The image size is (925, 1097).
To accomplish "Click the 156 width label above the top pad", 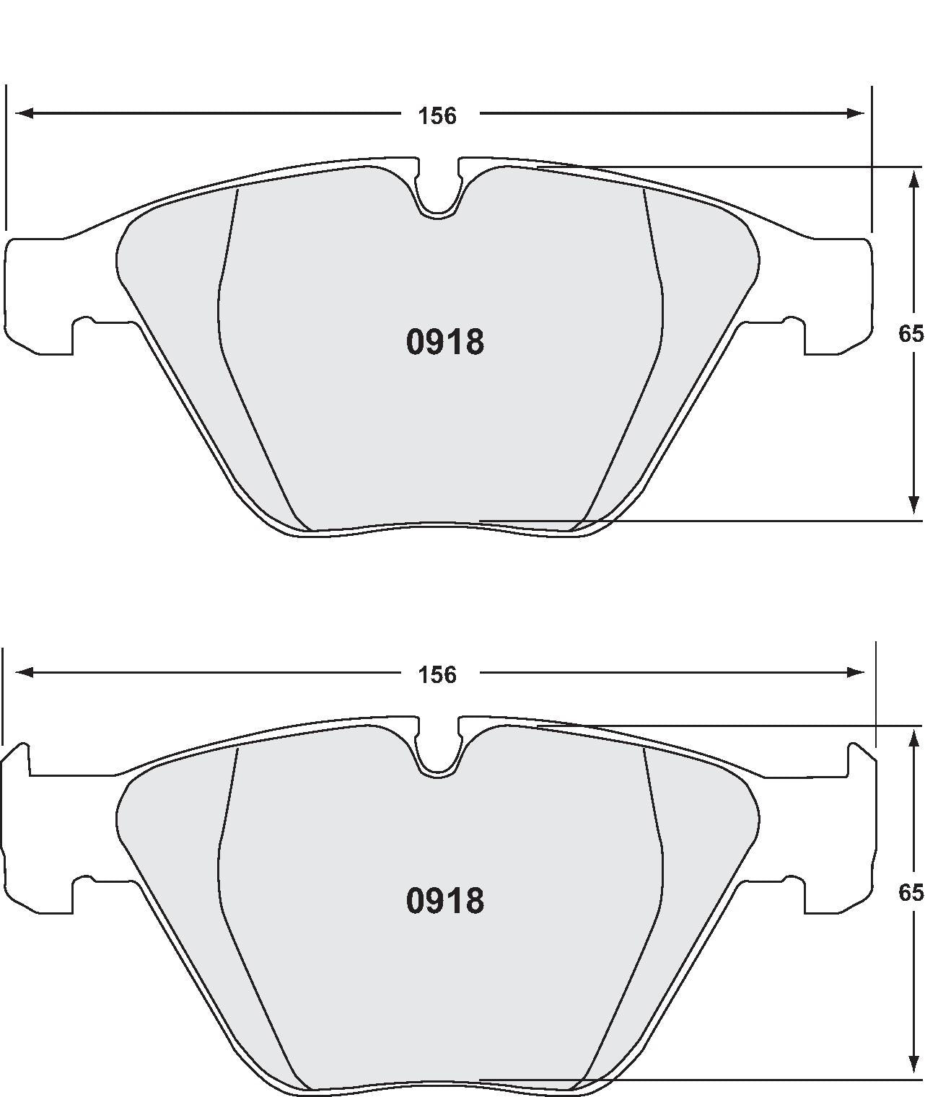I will coord(438,115).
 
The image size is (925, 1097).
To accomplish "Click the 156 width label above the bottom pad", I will coord(438,675).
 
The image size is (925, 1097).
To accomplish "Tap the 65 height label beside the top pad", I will coord(911,334).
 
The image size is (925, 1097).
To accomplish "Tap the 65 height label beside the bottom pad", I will coord(911,893).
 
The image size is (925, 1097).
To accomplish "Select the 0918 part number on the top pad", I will coord(444,343).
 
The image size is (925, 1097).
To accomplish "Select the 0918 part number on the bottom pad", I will coord(444,902).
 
